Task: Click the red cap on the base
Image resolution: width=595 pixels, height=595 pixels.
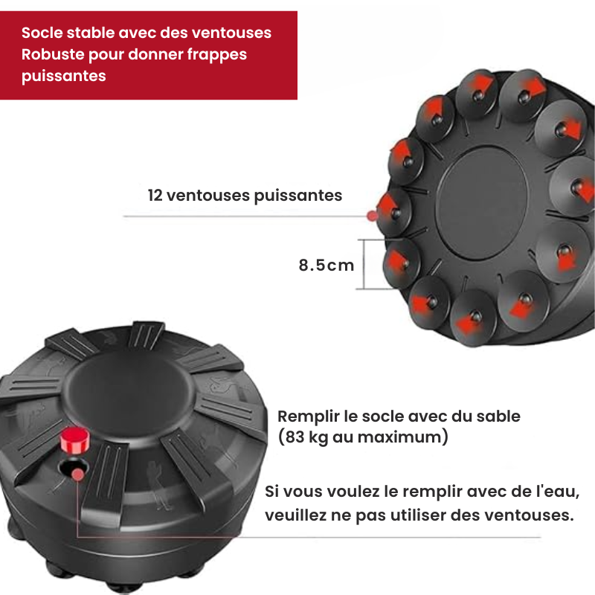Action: pyautogui.click(x=75, y=440)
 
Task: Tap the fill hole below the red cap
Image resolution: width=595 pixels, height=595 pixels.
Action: pyautogui.click(x=73, y=469)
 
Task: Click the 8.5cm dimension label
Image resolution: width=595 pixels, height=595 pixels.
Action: pyautogui.click(x=327, y=265)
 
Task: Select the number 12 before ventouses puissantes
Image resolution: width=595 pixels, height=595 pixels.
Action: pyautogui.click(x=155, y=196)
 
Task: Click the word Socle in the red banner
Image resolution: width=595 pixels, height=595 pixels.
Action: pyautogui.click(x=42, y=33)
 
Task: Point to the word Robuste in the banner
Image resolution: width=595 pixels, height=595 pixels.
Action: pyautogui.click(x=53, y=54)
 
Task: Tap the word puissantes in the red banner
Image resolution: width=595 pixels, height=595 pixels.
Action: pyautogui.click(x=64, y=77)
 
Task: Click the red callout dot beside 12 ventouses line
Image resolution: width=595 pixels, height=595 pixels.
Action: pyautogui.click(x=373, y=216)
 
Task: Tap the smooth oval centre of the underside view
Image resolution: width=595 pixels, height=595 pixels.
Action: pyautogui.click(x=481, y=203)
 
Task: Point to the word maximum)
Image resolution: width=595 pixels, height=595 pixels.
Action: pyautogui.click(x=403, y=437)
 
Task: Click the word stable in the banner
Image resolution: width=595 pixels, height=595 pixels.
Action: pyautogui.click(x=90, y=33)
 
